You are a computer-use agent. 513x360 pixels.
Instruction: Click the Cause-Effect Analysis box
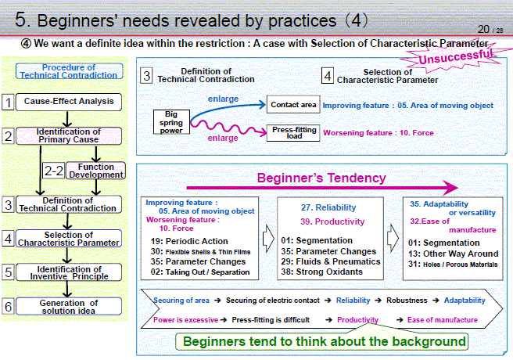click(69, 102)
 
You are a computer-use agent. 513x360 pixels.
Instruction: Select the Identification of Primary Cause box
click(69, 136)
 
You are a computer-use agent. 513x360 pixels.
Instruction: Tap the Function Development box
click(96, 171)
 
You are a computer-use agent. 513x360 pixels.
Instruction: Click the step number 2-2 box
click(54, 171)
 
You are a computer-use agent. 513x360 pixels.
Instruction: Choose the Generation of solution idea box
click(69, 307)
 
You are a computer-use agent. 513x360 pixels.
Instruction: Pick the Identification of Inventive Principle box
click(69, 272)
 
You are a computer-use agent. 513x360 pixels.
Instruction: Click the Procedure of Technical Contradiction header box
click(69, 71)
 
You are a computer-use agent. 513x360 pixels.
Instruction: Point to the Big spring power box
click(171, 122)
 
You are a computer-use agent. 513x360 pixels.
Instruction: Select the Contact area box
click(293, 105)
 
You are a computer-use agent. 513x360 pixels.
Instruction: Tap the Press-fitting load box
click(293, 133)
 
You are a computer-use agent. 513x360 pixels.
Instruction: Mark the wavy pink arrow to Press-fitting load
click(229, 128)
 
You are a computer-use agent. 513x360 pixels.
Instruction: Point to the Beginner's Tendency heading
click(321, 178)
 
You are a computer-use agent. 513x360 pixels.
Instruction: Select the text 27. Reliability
click(328, 207)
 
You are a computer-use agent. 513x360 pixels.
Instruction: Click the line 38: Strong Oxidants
click(321, 272)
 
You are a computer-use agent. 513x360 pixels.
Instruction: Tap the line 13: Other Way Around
click(453, 254)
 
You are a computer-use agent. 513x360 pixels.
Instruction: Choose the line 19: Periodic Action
click(189, 241)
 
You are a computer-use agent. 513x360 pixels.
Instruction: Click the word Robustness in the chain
click(407, 301)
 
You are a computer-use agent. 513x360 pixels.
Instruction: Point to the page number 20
click(483, 30)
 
